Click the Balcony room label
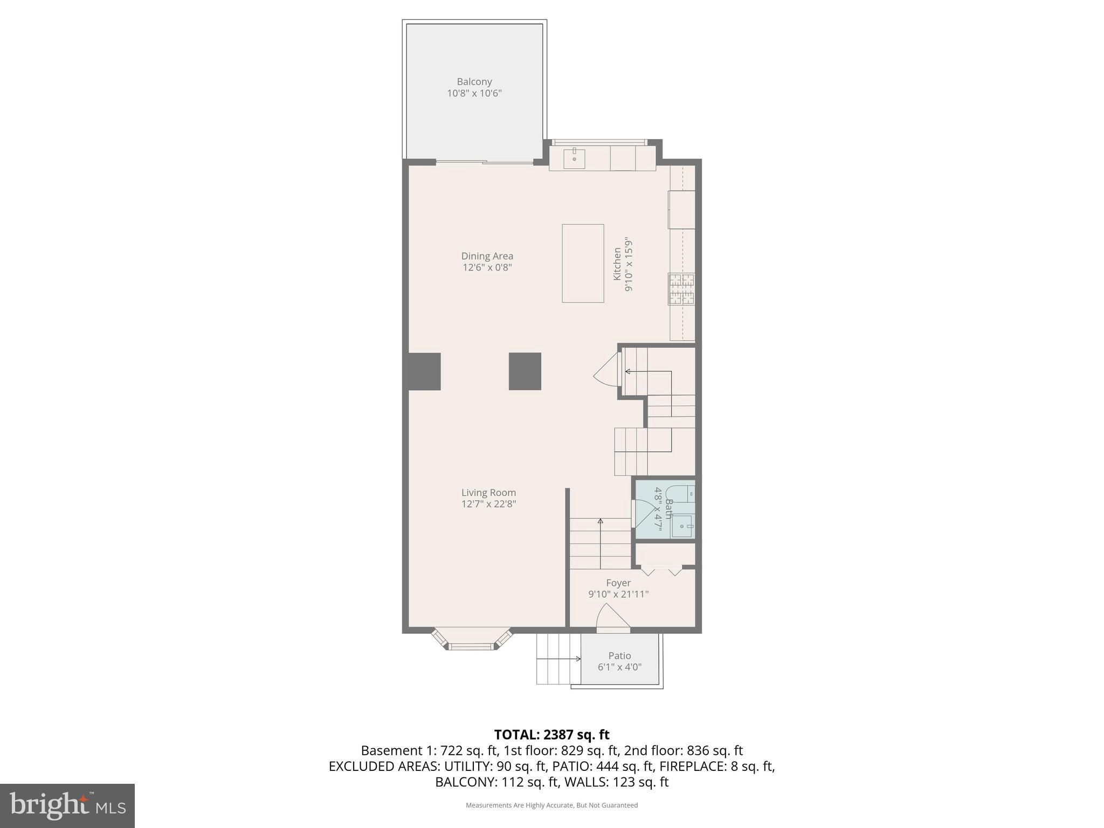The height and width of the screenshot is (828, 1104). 474,82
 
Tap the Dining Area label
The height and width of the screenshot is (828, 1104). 487,256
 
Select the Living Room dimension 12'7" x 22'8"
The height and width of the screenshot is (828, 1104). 488,504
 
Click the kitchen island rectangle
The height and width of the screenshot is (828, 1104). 582,263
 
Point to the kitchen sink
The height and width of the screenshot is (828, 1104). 574,158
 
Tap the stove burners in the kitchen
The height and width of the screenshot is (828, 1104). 681,289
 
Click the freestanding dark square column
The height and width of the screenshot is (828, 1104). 525,371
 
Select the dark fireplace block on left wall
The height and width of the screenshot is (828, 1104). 424,371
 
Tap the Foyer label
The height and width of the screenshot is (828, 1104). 618,583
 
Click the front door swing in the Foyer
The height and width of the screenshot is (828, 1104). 612,617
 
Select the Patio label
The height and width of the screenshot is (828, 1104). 619,655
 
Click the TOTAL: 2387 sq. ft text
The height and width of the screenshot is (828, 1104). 551,734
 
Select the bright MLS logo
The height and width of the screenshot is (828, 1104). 67,805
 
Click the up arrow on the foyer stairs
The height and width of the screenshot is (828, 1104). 600,522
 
